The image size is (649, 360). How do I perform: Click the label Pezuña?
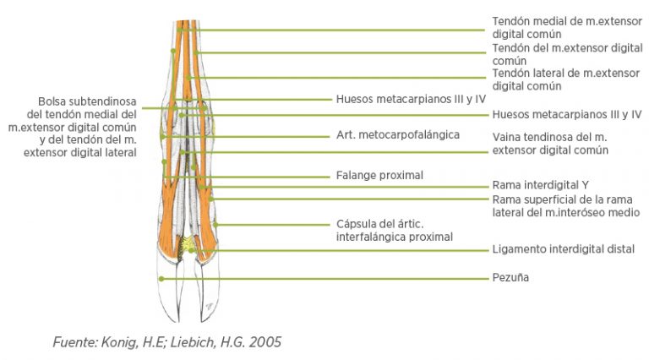[510, 277]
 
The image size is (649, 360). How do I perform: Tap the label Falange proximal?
[379, 176]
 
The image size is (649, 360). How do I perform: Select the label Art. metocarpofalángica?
[398, 135]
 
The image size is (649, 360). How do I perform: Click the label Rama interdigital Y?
[540, 185]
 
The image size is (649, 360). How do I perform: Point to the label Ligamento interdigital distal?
[564, 249]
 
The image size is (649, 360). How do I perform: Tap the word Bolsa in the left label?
[52, 101]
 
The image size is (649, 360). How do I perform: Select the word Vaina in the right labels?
[506, 137]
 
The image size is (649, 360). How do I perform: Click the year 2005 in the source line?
[265, 342]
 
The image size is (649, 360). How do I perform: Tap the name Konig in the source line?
[120, 342]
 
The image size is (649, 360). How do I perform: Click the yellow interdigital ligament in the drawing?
[190, 243]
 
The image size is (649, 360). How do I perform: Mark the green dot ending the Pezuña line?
[161, 279]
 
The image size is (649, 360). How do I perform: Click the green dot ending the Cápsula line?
[215, 225]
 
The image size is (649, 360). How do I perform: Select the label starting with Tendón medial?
[567, 28]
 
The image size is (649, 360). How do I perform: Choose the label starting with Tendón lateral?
[566, 80]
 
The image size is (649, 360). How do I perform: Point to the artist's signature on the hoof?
[209, 307]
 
